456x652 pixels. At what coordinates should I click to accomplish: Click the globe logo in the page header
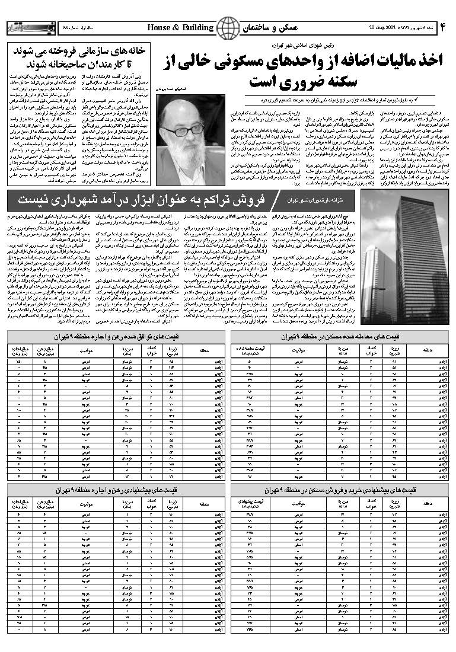point(228,28)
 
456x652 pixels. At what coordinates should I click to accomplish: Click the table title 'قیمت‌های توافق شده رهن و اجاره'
point(116,337)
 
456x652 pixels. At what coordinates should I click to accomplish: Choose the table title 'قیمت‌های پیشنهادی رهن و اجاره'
point(116,491)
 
